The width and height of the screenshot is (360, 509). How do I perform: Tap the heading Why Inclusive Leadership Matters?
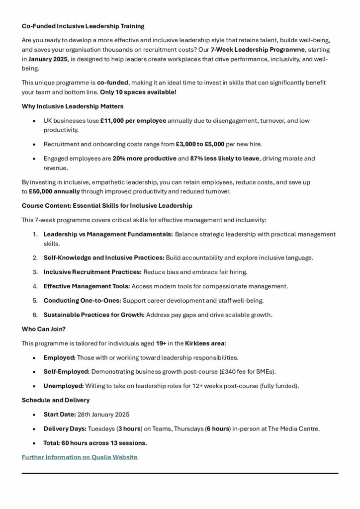click(73, 106)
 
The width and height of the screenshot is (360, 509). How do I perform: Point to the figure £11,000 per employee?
click(133, 121)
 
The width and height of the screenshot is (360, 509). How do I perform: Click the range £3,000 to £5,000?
click(200, 144)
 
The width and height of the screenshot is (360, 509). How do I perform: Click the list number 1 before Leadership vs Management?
click(35, 234)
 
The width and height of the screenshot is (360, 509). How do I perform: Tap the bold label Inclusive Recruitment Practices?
click(92, 272)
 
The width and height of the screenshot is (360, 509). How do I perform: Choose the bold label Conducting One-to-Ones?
click(82, 301)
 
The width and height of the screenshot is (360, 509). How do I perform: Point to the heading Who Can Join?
click(43, 329)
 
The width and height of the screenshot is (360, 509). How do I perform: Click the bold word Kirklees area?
click(205, 343)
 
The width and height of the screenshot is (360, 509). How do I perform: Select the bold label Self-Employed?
click(66, 371)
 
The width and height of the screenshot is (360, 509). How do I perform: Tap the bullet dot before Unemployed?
click(33, 386)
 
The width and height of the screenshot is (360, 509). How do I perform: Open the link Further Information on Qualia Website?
click(80, 457)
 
